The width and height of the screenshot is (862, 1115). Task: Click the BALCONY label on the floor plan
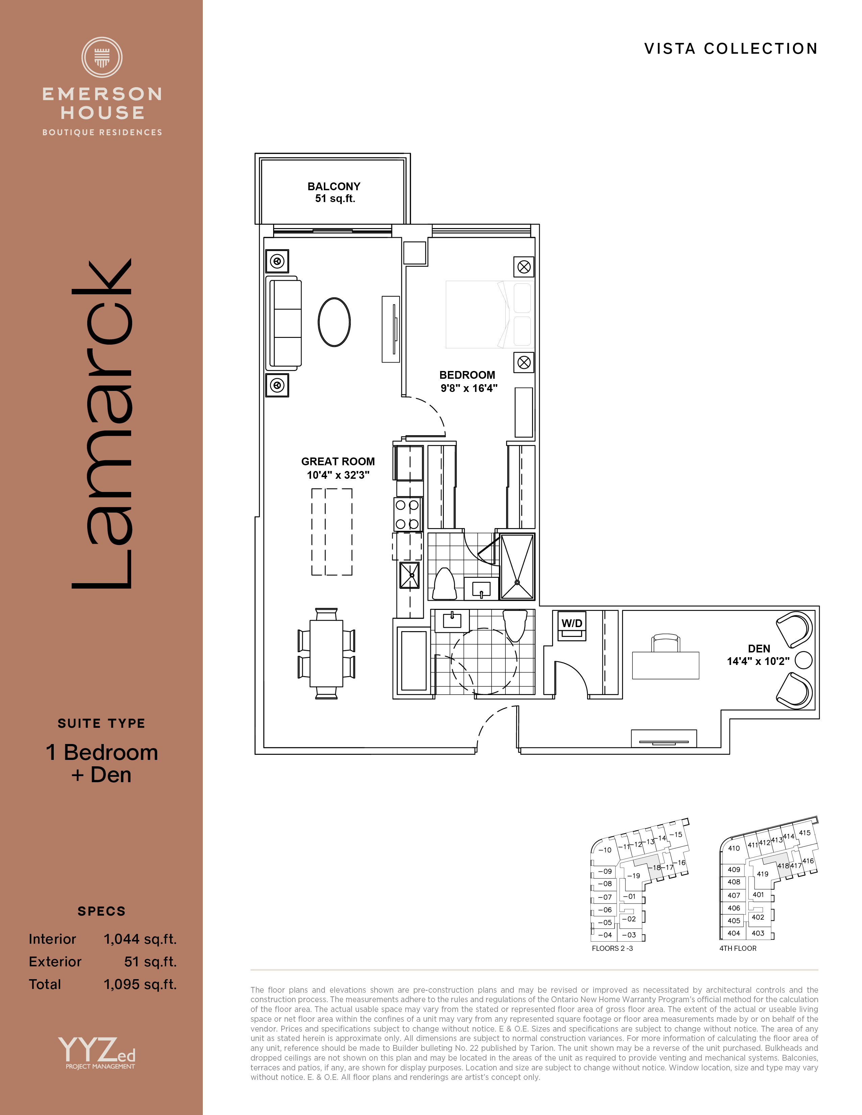click(334, 187)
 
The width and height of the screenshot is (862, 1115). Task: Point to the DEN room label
click(759, 648)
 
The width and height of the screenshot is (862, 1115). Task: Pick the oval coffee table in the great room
click(334, 322)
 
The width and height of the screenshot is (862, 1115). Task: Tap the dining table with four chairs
click(326, 653)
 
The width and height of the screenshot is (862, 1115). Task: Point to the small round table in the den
click(804, 660)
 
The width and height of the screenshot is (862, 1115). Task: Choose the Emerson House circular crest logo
click(102, 57)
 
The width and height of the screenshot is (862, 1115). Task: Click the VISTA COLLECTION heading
click(731, 49)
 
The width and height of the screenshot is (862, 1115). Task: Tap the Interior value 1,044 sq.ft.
click(140, 939)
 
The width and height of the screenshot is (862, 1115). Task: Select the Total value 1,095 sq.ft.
click(140, 984)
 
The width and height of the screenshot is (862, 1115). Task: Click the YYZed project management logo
click(97, 1053)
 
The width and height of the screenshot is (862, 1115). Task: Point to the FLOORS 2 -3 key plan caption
click(612, 948)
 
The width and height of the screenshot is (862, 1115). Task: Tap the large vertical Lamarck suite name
click(102, 424)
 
